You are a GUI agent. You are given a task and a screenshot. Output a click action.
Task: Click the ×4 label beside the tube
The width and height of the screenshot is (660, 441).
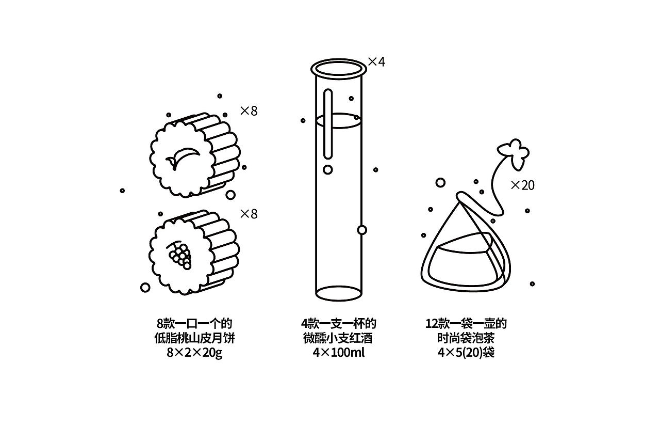pos(376,62)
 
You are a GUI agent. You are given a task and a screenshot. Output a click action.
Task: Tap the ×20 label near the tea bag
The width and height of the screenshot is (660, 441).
pos(522,185)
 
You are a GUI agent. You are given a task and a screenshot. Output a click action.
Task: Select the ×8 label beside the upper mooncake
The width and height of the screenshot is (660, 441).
pos(249,111)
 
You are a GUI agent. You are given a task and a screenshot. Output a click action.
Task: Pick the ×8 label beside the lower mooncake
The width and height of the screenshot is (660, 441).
pos(249,214)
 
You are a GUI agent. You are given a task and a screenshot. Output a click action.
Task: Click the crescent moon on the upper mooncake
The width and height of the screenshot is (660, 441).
pos(181,155)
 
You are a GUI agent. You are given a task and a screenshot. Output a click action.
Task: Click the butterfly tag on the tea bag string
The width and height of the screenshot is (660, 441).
pos(514,152)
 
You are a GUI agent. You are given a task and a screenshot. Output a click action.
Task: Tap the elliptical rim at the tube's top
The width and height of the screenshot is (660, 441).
pos(339,68)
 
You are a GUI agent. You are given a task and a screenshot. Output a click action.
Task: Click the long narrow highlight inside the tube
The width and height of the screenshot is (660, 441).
pos(327,124)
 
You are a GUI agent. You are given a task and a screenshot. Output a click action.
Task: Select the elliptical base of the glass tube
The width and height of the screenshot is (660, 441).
pos(339,292)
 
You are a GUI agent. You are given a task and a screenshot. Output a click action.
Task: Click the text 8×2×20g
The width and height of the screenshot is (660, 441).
pos(194,354)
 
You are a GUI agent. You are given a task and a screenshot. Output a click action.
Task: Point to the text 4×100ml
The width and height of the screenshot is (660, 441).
pos(338,354)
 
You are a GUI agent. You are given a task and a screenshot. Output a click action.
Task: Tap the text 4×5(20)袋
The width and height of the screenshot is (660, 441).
pos(466,354)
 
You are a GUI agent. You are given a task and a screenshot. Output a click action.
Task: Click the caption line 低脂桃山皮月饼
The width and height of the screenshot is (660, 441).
pos(194,339)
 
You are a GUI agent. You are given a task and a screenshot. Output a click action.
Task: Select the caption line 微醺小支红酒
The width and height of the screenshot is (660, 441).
pos(338,339)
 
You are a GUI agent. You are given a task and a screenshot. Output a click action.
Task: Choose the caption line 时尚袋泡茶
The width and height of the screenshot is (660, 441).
pos(466,339)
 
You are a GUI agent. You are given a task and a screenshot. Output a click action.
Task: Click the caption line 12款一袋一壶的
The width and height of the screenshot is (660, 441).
pos(466,324)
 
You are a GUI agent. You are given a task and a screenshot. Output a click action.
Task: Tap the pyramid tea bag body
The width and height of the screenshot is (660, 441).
pos(464,253)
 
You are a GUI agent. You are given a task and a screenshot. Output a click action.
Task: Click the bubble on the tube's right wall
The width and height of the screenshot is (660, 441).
pos(362,230)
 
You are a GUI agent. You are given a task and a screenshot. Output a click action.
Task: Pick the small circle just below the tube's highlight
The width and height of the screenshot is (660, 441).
pos(328,169)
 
